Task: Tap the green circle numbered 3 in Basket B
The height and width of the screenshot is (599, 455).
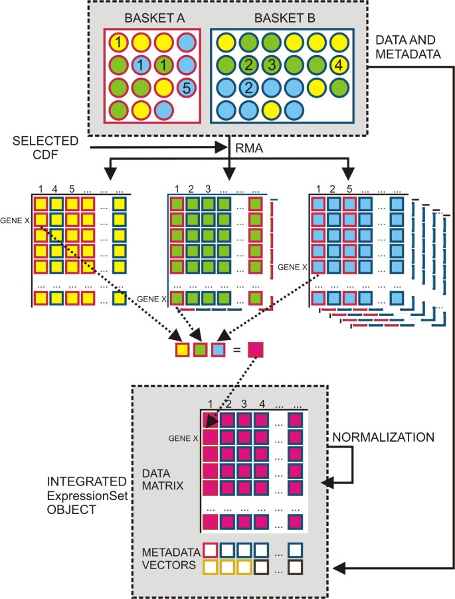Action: click(270, 65)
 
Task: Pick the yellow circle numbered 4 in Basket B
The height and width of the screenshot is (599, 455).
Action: click(339, 65)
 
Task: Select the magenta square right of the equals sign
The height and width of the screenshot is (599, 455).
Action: click(256, 349)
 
